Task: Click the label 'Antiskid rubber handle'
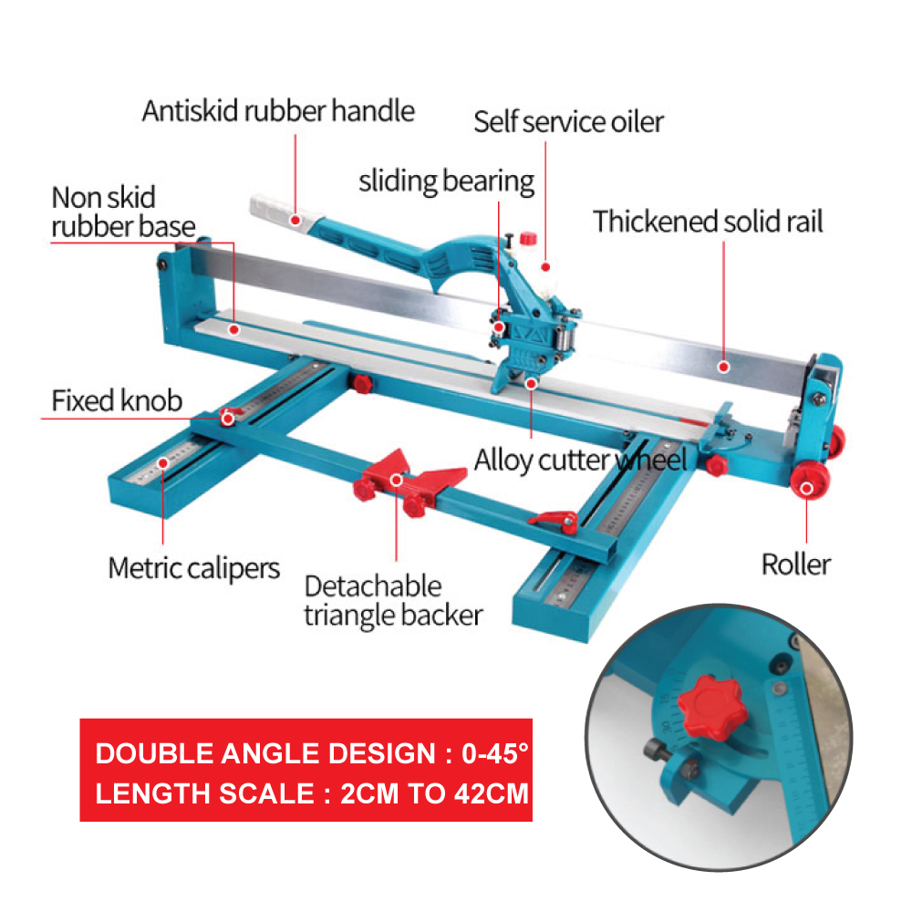pos(278,111)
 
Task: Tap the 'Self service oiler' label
pos(568,121)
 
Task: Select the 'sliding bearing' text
pos(446,181)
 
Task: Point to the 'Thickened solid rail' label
pos(708,222)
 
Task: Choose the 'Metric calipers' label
pos(193,568)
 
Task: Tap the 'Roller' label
pos(795,564)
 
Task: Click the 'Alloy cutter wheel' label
pos(580,460)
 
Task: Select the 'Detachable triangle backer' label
pos(392,600)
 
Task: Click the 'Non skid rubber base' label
pos(121,212)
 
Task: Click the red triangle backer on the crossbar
pos(394,474)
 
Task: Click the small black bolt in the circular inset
pos(658,751)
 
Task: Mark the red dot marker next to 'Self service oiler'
pos(546,267)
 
